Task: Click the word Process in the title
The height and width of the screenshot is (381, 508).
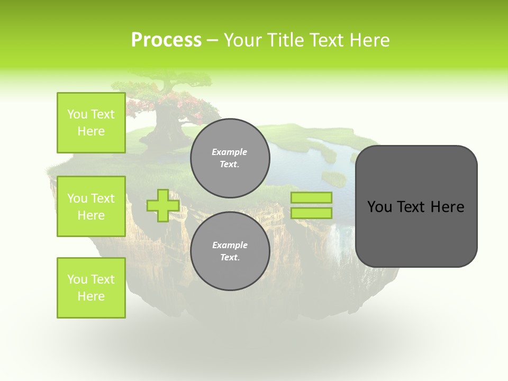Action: point(166,40)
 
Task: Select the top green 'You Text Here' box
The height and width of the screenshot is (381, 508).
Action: point(91,123)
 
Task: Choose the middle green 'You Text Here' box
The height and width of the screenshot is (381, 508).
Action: point(91,206)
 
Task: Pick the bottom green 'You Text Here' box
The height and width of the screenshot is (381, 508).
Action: point(91,288)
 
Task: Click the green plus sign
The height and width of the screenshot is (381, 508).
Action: point(162,205)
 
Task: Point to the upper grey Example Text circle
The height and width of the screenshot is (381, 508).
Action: point(230,158)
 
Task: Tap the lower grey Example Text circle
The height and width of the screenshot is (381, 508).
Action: point(230,251)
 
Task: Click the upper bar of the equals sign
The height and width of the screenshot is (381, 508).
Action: point(312,197)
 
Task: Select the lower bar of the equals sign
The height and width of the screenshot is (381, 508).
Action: point(312,213)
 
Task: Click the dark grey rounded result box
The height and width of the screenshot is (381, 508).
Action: point(416,233)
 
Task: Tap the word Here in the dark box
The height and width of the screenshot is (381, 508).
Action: point(447,207)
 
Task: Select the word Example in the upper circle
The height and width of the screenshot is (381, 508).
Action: point(230,152)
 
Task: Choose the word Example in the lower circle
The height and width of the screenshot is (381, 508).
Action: point(230,245)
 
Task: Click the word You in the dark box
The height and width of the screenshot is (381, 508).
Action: point(379,207)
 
